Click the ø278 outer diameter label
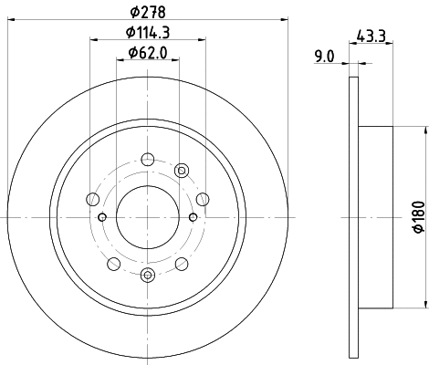pyautogui.click(x=147, y=11)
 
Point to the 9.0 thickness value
pyautogui.click(x=324, y=57)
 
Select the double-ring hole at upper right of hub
pyautogui.click(x=181, y=169)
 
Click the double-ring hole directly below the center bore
pyautogui.click(x=147, y=275)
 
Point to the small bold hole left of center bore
pyautogui.click(x=102, y=216)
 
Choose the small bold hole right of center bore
pyautogui.click(x=193, y=216)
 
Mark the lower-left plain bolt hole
pyautogui.click(x=113, y=264)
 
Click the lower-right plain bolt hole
pyautogui.click(x=181, y=264)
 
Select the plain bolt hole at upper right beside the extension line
pyautogui.click(x=203, y=197)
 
